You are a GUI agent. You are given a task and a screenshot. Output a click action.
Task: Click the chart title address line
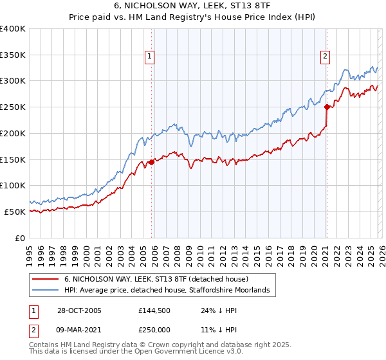pos(192,6)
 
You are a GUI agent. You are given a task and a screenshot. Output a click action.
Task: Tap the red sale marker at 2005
pos(152,162)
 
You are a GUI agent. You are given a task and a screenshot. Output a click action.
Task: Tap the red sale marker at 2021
pos(327,107)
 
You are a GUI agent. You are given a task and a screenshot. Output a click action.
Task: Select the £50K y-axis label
pos(14,212)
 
